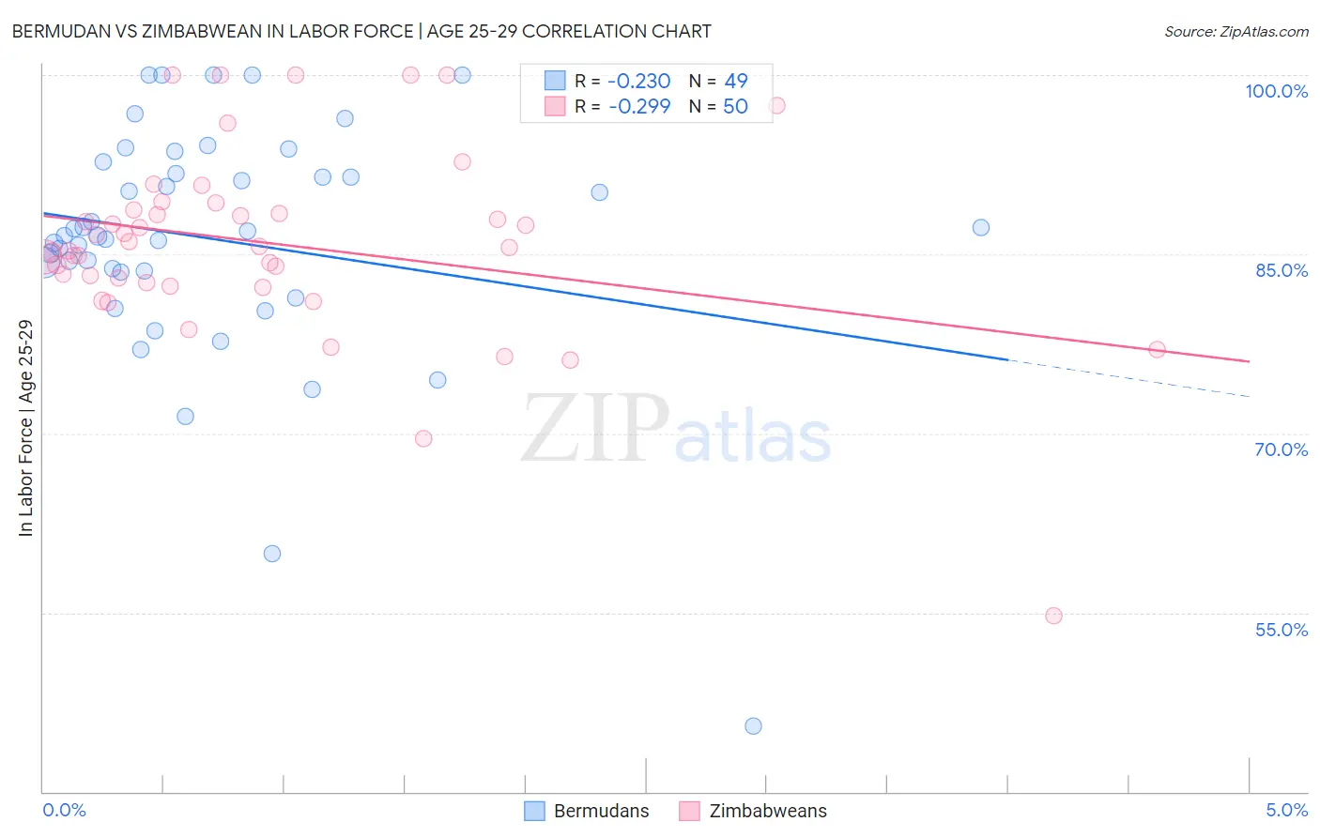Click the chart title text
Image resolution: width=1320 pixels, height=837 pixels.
click(x=361, y=31)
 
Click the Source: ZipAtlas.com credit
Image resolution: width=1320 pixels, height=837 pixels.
click(x=1236, y=32)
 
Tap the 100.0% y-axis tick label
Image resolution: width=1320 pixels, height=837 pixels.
click(x=1276, y=91)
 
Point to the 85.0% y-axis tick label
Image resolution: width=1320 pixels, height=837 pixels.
click(x=1281, y=270)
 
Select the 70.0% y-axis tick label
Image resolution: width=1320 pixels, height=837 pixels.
click(x=1281, y=449)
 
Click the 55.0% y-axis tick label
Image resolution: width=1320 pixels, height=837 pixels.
click(x=1281, y=630)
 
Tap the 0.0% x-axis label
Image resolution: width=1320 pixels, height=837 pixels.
click(x=64, y=810)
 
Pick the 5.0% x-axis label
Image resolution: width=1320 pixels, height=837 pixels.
click(x=1286, y=810)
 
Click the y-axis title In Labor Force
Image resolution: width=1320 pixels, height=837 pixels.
click(x=25, y=428)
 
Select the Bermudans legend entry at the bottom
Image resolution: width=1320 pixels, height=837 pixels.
click(x=587, y=811)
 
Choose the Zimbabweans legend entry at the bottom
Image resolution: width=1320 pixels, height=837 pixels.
click(x=753, y=811)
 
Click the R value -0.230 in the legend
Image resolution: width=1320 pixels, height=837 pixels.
click(x=639, y=81)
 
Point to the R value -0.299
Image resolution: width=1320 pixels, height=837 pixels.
click(x=639, y=106)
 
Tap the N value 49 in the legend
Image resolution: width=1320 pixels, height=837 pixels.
click(x=736, y=81)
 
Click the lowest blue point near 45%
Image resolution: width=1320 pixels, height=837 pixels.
click(x=753, y=725)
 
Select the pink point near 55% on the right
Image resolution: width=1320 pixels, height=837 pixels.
click(x=1053, y=616)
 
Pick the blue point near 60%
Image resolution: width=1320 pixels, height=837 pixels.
click(x=272, y=554)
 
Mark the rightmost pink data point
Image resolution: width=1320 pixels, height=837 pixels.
click(x=1157, y=349)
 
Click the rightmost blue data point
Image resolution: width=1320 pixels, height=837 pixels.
click(x=981, y=227)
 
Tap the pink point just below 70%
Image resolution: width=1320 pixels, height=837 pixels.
click(x=423, y=438)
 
